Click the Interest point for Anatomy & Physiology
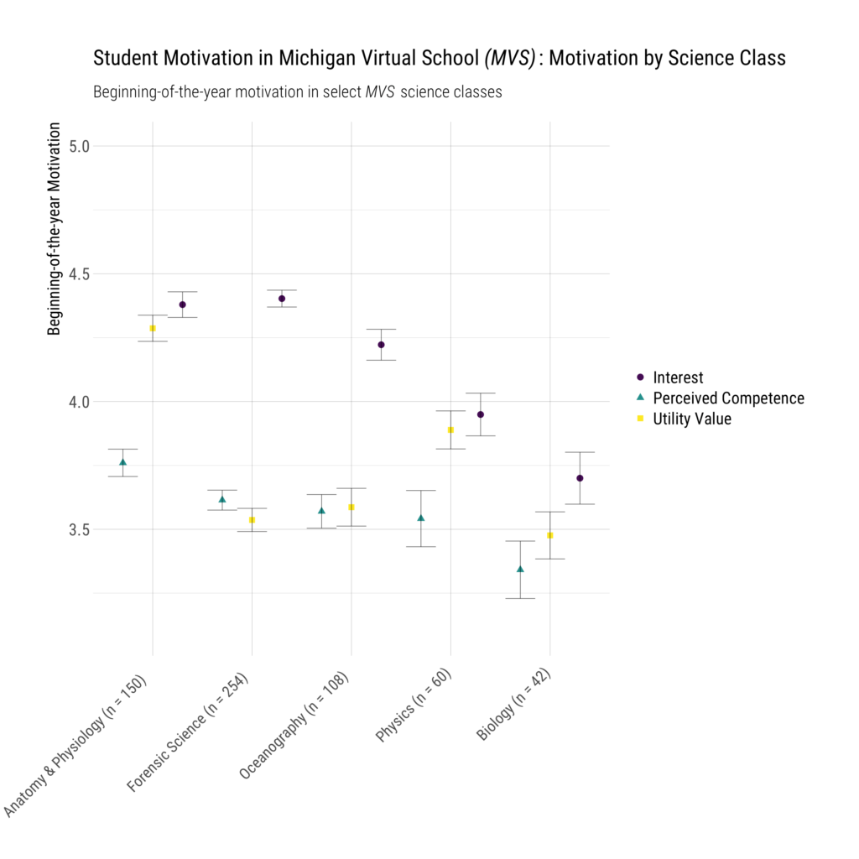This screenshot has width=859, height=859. (182, 305)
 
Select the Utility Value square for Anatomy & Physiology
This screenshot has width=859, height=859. (153, 328)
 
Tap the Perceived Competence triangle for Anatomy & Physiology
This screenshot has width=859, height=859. (122, 462)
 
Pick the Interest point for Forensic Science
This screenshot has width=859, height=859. (282, 299)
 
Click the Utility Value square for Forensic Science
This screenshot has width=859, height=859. (252, 520)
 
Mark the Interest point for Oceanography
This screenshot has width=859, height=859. (381, 345)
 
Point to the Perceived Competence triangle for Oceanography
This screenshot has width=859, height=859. (321, 510)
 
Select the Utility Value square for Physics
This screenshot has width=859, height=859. (450, 429)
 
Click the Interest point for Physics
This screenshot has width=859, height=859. (481, 414)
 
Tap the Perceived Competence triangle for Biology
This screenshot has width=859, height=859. (520, 569)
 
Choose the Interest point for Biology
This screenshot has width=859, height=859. (580, 478)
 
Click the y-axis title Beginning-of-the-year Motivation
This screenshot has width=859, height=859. (55, 229)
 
